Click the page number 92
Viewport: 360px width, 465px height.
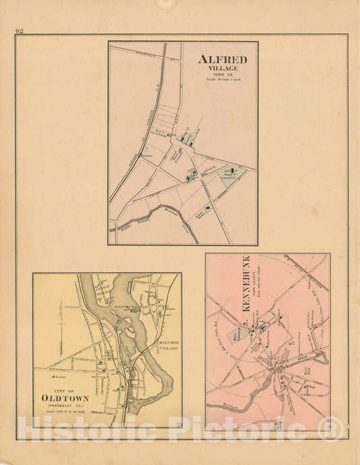19,31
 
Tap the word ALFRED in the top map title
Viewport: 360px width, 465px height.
222,59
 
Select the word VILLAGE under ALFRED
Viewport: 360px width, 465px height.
222,68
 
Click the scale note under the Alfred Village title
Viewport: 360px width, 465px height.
222,80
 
